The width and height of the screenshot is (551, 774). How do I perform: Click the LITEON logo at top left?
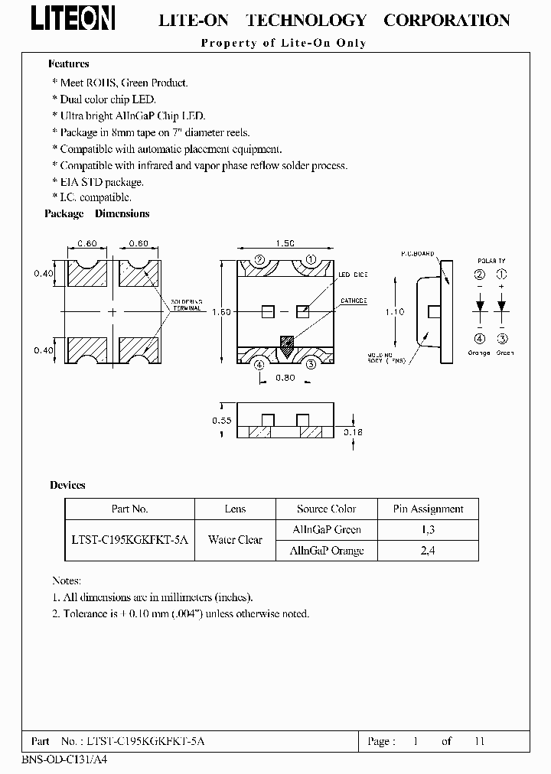tap(73, 19)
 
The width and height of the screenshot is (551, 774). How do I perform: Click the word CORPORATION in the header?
tap(446, 21)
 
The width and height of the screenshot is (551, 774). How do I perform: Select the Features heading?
tap(69, 64)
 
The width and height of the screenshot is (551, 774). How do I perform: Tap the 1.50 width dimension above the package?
tap(285, 243)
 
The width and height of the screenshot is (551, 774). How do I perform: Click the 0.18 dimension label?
tap(354, 432)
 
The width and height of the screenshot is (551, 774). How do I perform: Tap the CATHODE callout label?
tap(354, 301)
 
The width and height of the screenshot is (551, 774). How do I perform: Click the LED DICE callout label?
tap(353, 275)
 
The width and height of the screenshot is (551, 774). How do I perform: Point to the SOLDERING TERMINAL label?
tap(186, 305)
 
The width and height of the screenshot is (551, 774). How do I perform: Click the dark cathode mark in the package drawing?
tap(286, 346)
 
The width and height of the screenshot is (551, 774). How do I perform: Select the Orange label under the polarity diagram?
tap(480, 353)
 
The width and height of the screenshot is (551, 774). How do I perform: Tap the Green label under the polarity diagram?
tap(504, 353)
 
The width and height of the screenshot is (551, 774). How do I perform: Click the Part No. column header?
tap(129, 509)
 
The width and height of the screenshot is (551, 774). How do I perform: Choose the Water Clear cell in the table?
tap(235, 540)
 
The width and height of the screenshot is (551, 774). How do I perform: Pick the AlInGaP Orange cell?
tap(327, 551)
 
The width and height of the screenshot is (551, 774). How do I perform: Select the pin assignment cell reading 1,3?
tap(428, 529)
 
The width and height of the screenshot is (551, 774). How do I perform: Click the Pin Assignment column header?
tap(428, 509)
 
